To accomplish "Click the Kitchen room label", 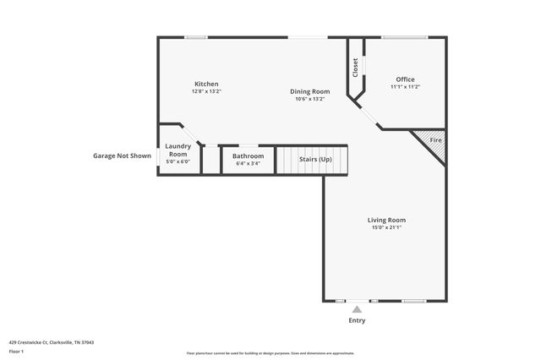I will [206, 84].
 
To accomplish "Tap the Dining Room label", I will [310, 91].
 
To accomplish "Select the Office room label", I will [405, 79].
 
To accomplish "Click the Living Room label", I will [386, 220].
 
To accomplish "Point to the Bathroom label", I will [249, 155].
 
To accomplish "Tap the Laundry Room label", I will [178, 150].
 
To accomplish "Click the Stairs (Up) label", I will [313, 159].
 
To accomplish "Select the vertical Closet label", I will [356, 68].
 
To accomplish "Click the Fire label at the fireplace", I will [435, 139].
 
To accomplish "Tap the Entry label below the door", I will [358, 321].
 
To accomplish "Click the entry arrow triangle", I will [358, 309].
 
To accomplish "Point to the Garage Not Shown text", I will [122, 155].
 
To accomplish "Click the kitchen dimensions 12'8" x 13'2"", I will [206, 91].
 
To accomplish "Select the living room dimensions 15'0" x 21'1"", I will [386, 227].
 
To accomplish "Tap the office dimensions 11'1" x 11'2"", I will [405, 87].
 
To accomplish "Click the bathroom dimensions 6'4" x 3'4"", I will [249, 163].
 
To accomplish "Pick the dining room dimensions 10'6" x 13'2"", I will [310, 99].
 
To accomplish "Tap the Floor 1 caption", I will [16, 351].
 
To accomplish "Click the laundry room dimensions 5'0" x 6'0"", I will [178, 161].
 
